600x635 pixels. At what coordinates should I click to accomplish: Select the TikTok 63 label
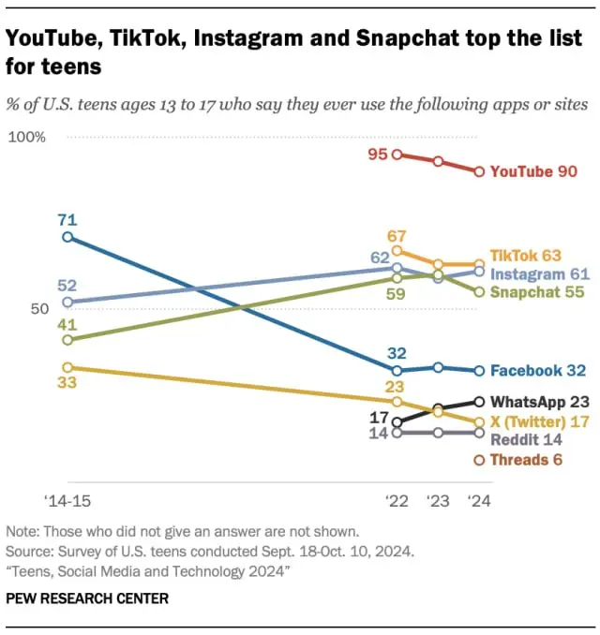point(524,255)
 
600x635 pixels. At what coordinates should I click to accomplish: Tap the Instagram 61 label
point(539,273)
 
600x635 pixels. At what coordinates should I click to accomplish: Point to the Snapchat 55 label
point(537,292)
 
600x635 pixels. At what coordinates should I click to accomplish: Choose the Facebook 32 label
point(537,371)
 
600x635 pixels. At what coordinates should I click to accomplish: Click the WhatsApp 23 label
point(537,401)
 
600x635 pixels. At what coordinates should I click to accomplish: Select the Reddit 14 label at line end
point(526,439)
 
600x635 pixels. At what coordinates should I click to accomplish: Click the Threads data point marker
point(479,460)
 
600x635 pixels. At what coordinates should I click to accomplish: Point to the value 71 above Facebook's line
point(67,220)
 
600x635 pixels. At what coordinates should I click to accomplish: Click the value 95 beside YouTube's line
point(378,154)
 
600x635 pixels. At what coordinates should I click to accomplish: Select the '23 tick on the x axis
point(438,501)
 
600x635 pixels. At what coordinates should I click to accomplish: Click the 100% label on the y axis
point(27,138)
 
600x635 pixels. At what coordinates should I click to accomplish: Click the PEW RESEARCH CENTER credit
point(87,598)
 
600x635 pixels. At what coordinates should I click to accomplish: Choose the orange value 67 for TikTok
point(397,234)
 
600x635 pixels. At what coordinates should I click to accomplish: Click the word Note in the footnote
point(22,530)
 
